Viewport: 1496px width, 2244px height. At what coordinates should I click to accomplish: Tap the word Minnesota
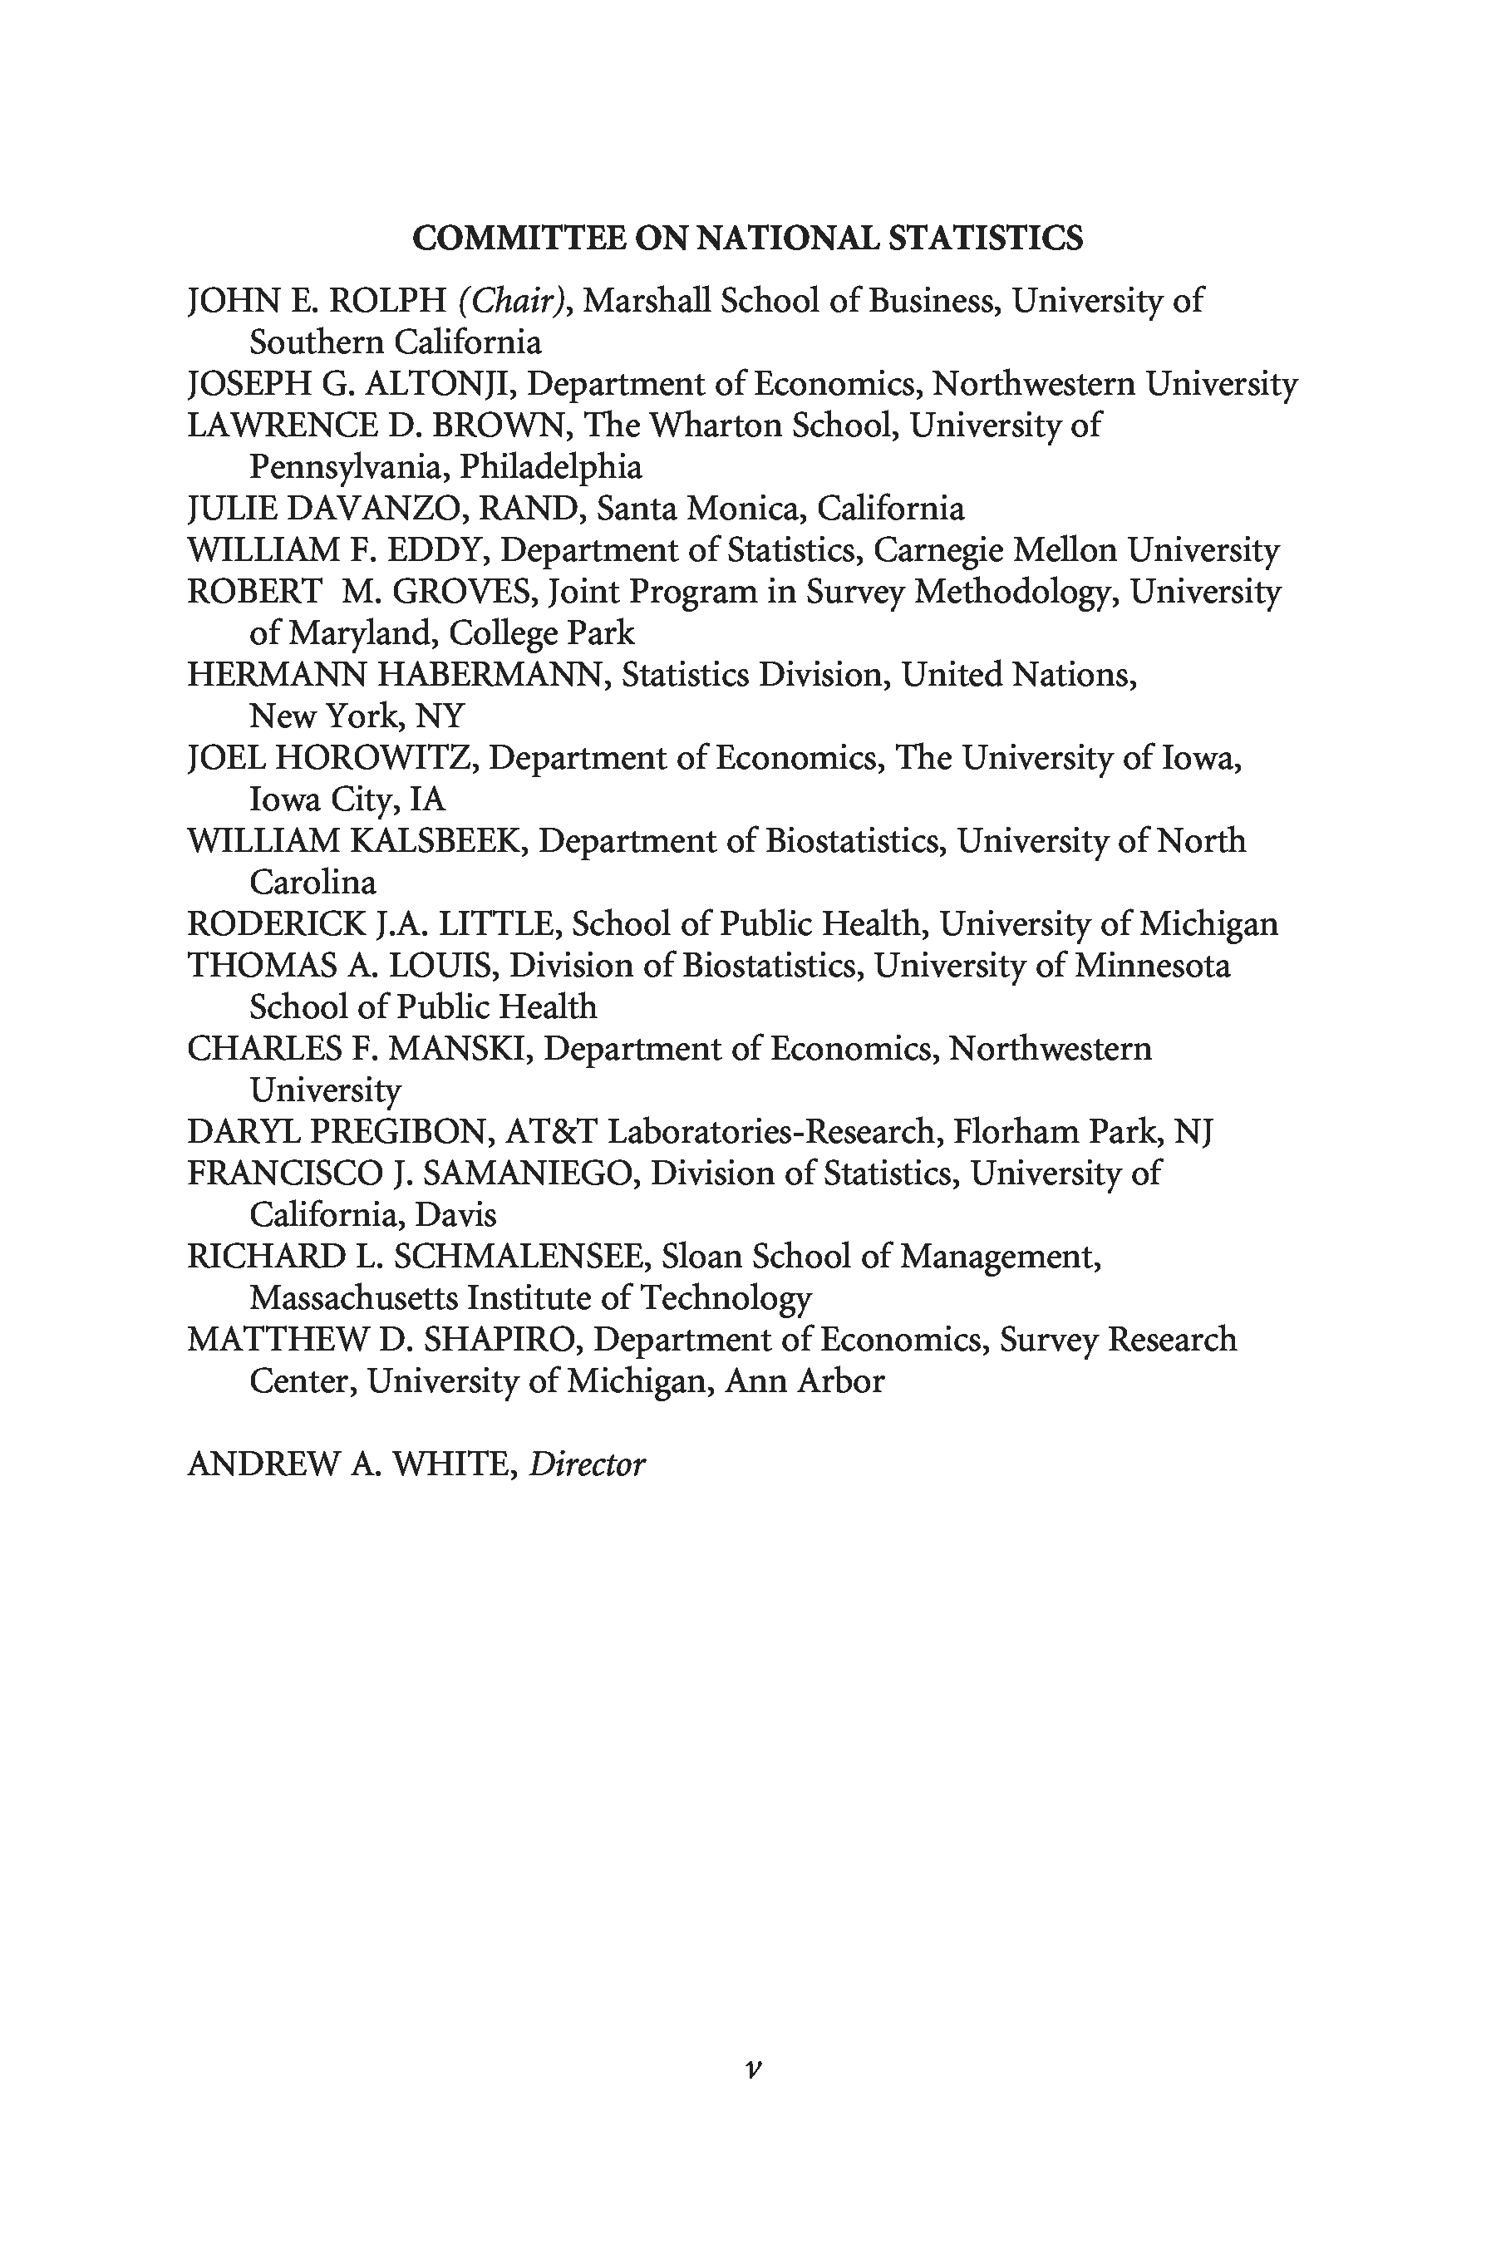coord(1153,966)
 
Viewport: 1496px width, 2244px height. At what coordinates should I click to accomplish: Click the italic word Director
coord(587,1464)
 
